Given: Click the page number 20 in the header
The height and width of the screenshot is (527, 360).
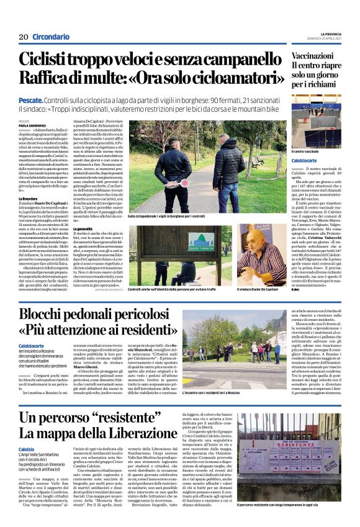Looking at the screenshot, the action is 24,37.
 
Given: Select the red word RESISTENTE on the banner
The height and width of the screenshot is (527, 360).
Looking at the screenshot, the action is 306,444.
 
